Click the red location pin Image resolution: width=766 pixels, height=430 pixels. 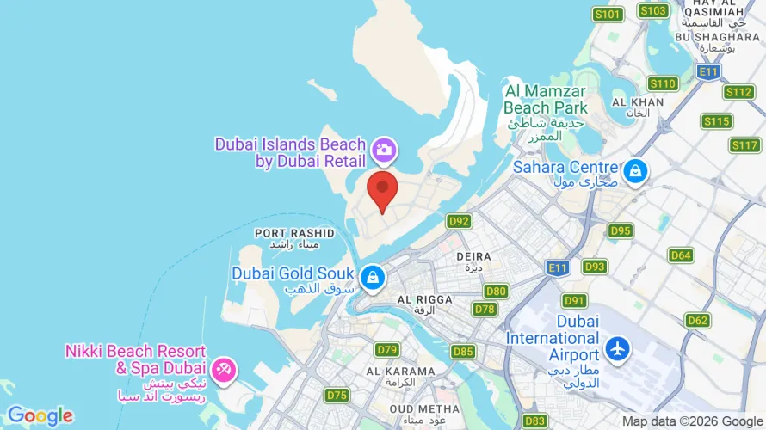(x=382, y=190)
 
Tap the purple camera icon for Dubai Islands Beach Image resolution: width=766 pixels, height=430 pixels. (x=384, y=151)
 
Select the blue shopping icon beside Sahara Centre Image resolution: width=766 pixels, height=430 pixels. (x=635, y=170)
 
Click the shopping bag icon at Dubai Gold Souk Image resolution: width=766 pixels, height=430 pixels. (x=372, y=277)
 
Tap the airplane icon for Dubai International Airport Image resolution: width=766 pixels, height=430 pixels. (x=617, y=349)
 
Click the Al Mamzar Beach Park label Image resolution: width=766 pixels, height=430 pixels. (x=545, y=100)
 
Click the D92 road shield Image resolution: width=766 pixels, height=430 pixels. (x=460, y=222)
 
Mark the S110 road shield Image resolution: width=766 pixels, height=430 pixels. (x=663, y=83)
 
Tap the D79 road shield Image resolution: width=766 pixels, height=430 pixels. (x=387, y=349)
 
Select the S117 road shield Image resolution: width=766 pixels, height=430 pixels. (x=745, y=145)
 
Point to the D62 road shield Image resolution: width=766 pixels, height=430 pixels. (x=698, y=321)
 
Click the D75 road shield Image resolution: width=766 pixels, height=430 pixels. (x=337, y=395)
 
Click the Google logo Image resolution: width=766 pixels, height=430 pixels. (x=40, y=416)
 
